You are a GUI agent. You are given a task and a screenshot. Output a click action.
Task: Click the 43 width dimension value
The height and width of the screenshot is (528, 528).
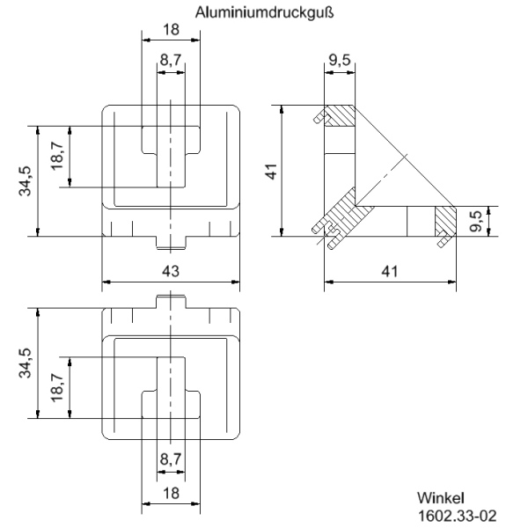click(171, 272)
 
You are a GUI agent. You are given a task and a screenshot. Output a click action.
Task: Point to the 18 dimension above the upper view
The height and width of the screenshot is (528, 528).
click(171, 29)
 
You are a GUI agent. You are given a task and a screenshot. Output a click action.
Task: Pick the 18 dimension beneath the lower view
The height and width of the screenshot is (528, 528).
click(171, 494)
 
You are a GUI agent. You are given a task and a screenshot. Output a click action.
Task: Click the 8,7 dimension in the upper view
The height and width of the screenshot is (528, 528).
click(171, 62)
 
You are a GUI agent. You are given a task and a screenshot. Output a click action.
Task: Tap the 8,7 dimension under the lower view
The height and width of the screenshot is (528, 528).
click(171, 458)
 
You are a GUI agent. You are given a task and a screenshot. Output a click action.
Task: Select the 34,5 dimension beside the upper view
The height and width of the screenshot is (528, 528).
click(26, 180)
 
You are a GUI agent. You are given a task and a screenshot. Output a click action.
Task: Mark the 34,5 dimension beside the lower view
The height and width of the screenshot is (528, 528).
click(26, 363)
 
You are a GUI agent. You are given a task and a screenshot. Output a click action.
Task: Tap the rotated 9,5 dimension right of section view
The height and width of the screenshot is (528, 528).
click(476, 221)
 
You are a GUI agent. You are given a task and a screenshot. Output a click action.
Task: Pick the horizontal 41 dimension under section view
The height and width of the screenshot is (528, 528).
click(390, 272)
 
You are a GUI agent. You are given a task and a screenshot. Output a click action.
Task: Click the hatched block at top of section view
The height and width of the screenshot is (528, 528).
click(340, 116)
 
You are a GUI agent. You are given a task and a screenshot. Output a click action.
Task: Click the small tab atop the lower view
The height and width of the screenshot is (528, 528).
click(171, 301)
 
